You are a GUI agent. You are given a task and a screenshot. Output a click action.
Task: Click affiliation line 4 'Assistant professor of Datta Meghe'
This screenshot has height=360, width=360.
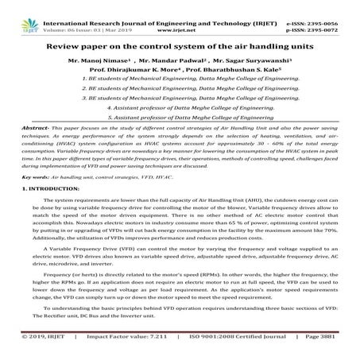point(180,105)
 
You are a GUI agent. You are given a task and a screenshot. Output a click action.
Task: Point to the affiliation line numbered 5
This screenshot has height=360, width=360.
point(180,116)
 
